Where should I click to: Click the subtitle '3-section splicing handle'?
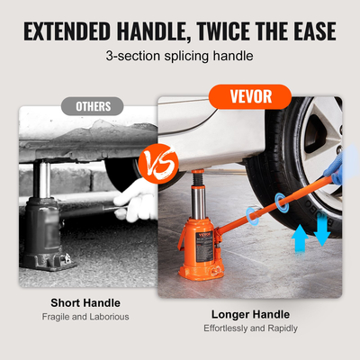click(x=180, y=56)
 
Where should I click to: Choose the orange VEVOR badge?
click(x=250, y=94)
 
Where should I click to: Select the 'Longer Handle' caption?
click(x=250, y=314)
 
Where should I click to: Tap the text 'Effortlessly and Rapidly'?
click(x=250, y=328)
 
